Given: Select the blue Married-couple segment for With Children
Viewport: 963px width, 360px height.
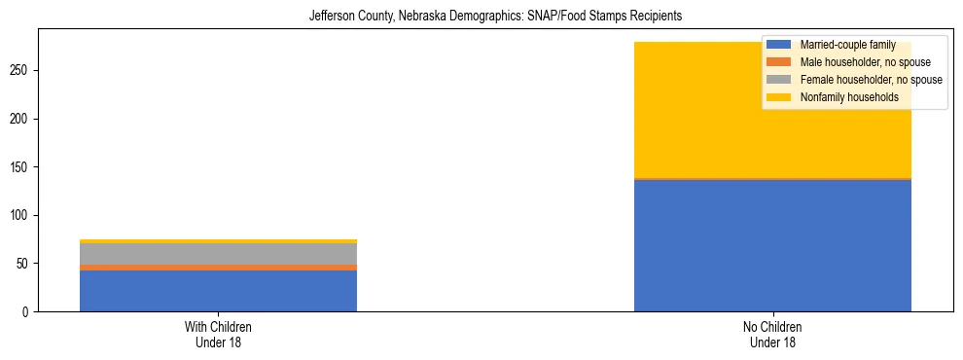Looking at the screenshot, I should [218, 291].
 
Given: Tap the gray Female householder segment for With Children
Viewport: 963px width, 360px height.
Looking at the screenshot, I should [218, 253].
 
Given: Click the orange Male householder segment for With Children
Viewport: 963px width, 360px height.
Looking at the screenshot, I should [218, 268].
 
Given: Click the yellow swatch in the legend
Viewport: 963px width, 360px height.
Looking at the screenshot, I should [779, 97].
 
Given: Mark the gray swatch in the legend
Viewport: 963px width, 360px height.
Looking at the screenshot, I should [779, 80].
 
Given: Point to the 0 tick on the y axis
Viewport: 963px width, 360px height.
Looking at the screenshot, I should [28, 311].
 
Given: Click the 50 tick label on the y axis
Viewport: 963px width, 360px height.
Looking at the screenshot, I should [25, 264].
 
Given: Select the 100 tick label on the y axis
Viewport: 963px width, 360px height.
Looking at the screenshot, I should [22, 215].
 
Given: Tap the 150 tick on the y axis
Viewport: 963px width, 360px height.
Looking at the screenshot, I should [22, 167].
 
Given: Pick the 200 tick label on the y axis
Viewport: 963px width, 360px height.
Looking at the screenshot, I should [22, 119].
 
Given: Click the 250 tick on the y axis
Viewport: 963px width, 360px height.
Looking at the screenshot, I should [22, 71].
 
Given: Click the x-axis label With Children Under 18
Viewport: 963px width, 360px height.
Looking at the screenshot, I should [218, 334].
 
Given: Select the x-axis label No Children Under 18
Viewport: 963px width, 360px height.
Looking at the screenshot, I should [772, 334].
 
